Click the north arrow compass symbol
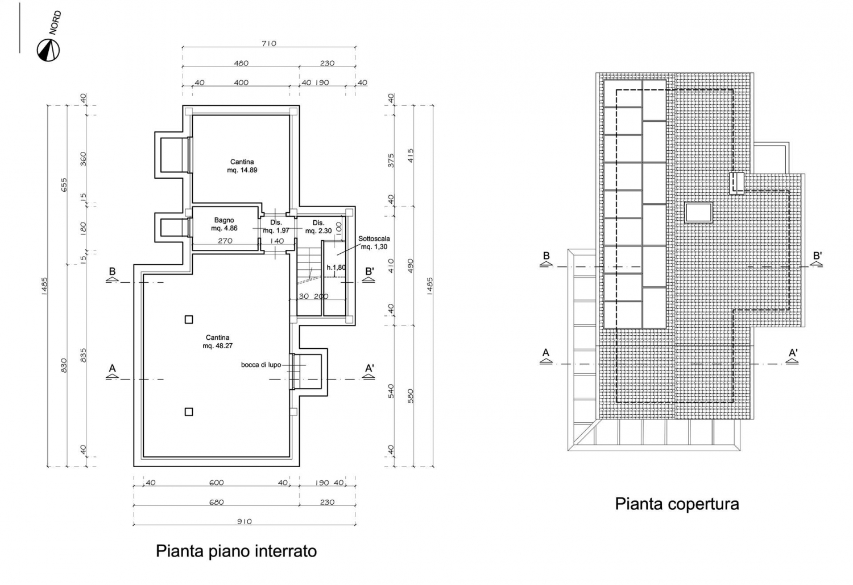[x=48, y=50]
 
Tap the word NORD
[x=55, y=23]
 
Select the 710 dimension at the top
[x=269, y=43]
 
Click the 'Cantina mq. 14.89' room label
[x=242, y=166]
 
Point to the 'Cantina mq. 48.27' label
[x=217, y=341]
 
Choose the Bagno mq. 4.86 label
[x=224, y=224]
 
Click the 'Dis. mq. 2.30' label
[x=318, y=226]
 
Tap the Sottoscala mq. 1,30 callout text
[x=374, y=242]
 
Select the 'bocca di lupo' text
[x=261, y=365]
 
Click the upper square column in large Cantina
[x=188, y=319]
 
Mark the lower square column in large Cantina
[x=188, y=411]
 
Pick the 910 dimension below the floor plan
[x=244, y=521]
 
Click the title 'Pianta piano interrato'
[x=236, y=551]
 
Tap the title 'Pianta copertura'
[x=677, y=504]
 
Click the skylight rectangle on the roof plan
[x=699, y=212]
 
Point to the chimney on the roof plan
[x=736, y=183]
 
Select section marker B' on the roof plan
[x=817, y=259]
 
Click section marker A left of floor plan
[x=113, y=372]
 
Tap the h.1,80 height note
[x=336, y=267]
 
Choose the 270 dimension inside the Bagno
[x=225, y=241]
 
